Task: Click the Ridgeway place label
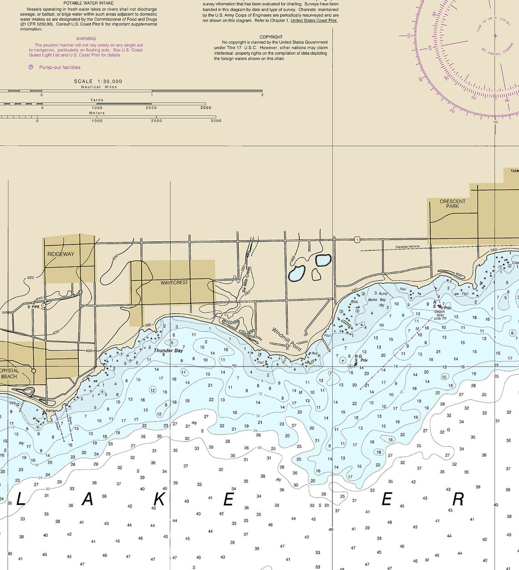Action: (x=61, y=254)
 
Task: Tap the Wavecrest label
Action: (x=174, y=283)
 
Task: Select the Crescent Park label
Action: (x=453, y=204)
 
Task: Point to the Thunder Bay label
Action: (x=168, y=351)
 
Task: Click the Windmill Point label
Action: (x=286, y=339)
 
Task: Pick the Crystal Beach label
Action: (x=9, y=373)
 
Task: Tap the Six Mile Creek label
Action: (x=246, y=279)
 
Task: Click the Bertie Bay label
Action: (x=377, y=300)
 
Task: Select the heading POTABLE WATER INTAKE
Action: (x=88, y=3)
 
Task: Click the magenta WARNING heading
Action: (x=86, y=39)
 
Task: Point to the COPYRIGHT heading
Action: (x=271, y=37)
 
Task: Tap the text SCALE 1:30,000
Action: (x=98, y=81)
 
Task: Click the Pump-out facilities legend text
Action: (x=60, y=67)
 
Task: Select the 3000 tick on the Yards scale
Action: (x=206, y=108)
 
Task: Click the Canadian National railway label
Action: (x=407, y=247)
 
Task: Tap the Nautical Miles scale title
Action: (x=99, y=87)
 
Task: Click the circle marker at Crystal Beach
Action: (x=33, y=371)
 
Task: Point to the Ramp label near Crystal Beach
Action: (x=50, y=410)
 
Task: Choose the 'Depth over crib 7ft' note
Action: (x=440, y=315)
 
